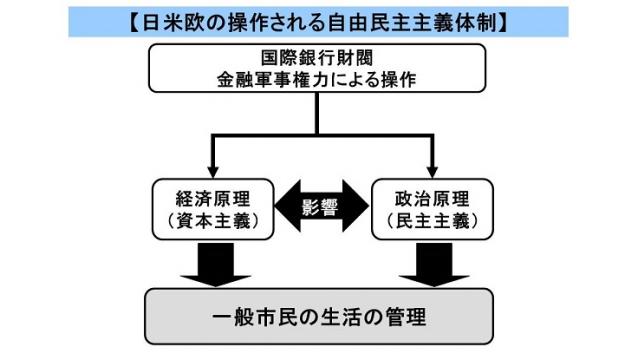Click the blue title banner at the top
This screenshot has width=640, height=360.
320,20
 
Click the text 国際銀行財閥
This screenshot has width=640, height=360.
319,57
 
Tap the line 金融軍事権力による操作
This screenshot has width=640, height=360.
319,80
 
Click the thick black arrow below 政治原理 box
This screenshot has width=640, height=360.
432,261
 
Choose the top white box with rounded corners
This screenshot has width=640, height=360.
319,69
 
